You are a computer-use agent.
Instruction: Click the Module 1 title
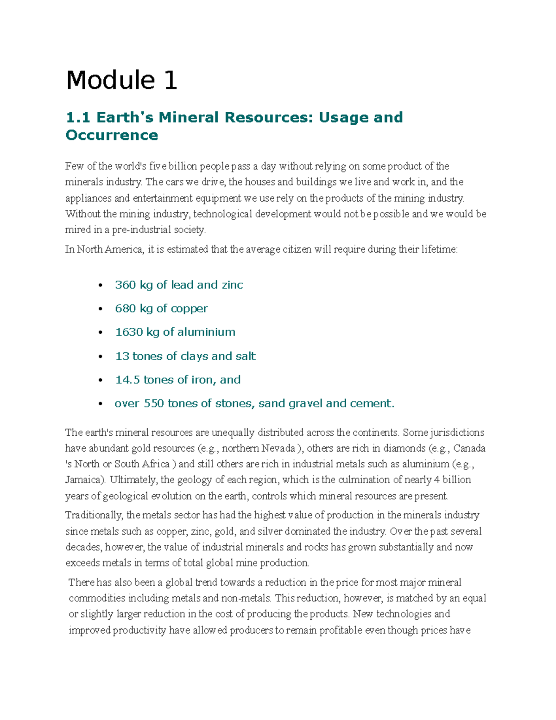[x=121, y=80]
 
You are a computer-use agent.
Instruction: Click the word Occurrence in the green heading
[x=112, y=135]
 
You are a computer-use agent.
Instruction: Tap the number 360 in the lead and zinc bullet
[x=125, y=285]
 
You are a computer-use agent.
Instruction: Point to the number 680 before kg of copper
[x=125, y=308]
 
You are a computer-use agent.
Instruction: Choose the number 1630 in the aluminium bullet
[x=128, y=332]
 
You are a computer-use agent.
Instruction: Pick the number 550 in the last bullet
[x=154, y=403]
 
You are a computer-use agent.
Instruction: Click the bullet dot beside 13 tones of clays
[x=100, y=357]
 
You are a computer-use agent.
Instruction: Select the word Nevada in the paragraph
[x=278, y=448]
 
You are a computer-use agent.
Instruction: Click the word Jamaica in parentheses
[x=83, y=480]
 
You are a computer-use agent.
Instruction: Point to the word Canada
[x=469, y=448]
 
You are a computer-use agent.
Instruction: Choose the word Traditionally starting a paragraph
[x=94, y=515]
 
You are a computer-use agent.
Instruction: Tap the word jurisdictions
[x=457, y=433]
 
